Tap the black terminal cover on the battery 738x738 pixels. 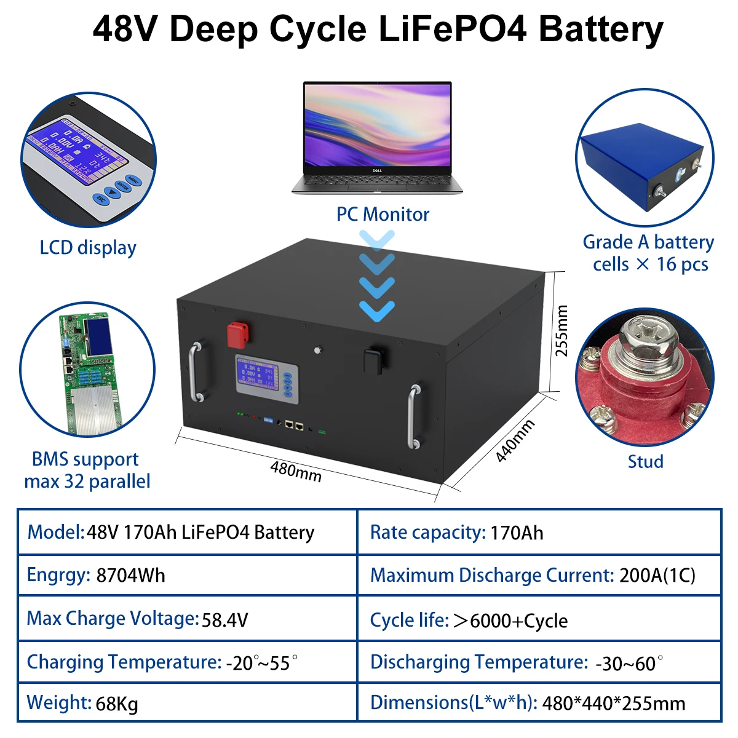point(374,360)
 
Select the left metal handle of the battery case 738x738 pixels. point(195,371)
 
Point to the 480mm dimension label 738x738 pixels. point(296,472)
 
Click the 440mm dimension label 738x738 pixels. point(515,440)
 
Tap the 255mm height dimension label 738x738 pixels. point(561,331)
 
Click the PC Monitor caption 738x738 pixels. point(383,215)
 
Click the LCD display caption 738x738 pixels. point(88,248)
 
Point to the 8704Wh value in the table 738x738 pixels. point(130,576)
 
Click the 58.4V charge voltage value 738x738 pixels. point(225,619)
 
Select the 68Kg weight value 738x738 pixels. point(117,704)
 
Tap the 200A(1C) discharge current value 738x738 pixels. point(657,576)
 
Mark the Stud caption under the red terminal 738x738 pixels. point(645,462)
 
